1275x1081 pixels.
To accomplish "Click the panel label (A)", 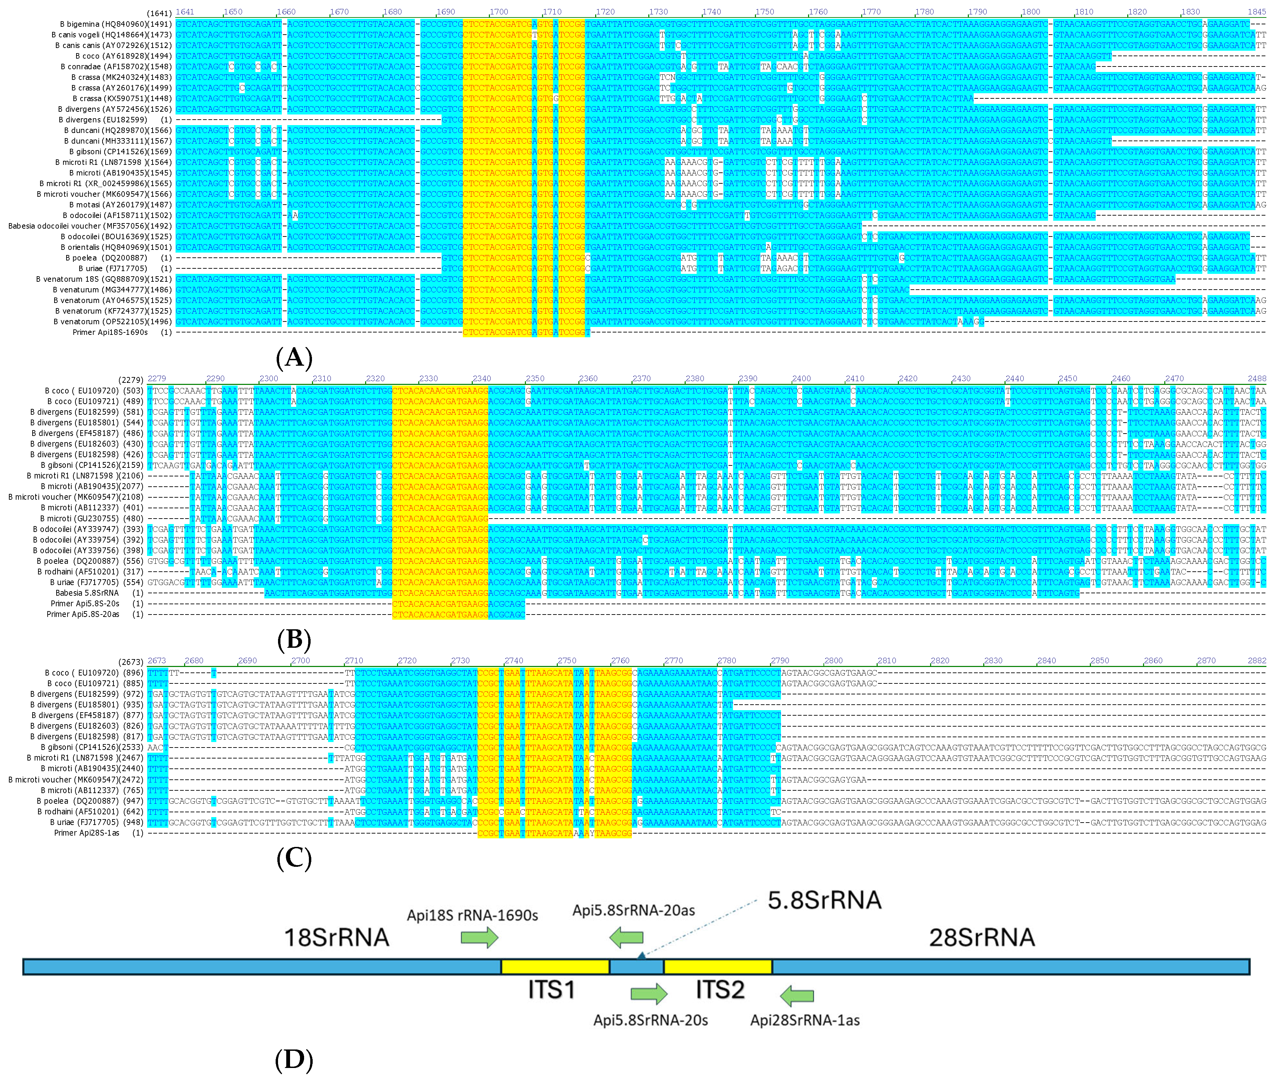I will coord(294,357).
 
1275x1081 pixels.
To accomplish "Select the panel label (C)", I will coord(294,859).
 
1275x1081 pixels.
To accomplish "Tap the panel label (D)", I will coord(294,1059).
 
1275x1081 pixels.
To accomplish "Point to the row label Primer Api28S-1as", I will coord(86,833).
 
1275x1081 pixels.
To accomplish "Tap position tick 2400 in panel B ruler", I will coord(801,379).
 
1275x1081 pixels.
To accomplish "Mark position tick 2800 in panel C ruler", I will coord(833,660).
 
